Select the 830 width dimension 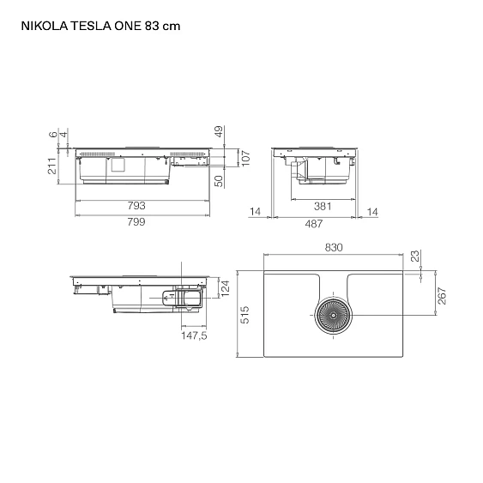(x=334, y=248)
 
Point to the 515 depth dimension (x=245, y=313)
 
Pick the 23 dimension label (x=416, y=256)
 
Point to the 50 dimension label (x=219, y=181)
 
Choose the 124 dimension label (x=226, y=287)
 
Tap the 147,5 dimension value (x=195, y=335)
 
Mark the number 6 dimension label (x=53, y=134)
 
